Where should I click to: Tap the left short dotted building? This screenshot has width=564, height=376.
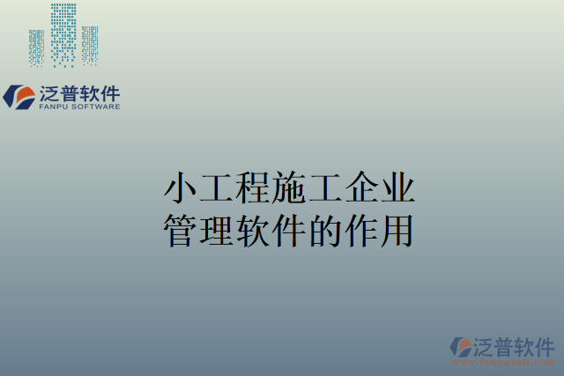36,48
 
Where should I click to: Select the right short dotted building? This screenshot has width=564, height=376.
89,46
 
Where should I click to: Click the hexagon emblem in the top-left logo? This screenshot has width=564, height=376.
19,96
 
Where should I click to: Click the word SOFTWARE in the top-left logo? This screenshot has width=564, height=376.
94,107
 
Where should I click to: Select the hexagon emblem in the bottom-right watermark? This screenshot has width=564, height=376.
461,347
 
